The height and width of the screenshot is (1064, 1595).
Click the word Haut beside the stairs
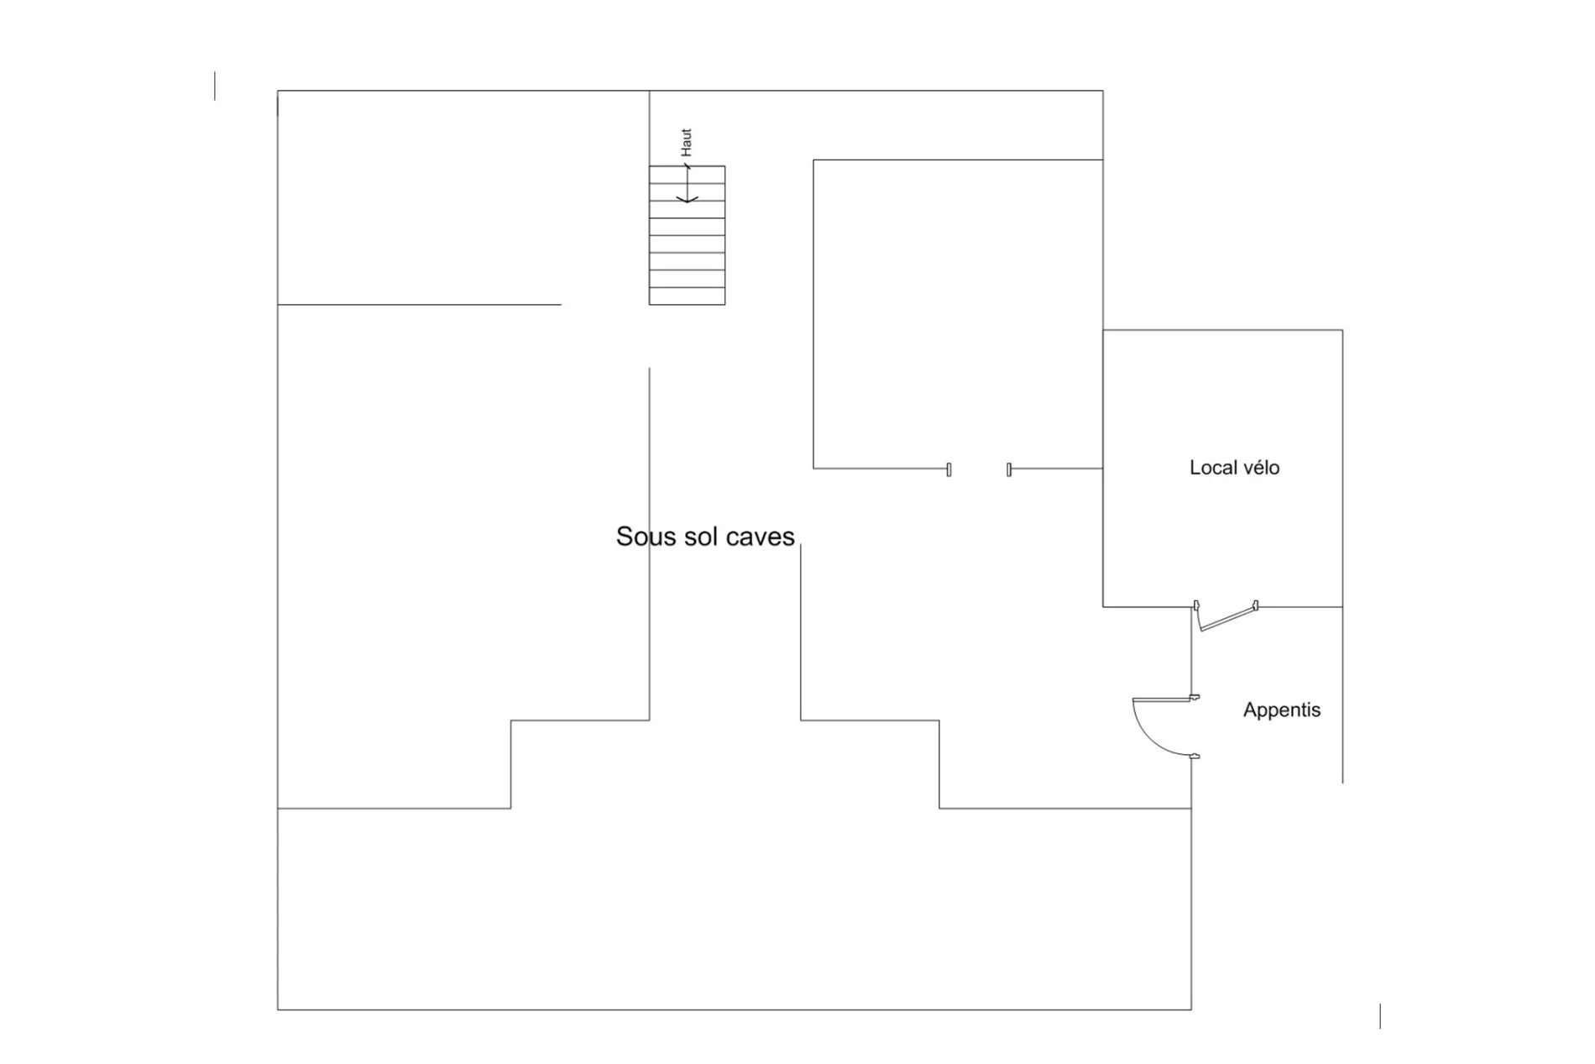(x=687, y=142)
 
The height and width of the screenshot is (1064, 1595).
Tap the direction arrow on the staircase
(x=688, y=183)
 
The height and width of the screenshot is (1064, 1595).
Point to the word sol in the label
(x=699, y=537)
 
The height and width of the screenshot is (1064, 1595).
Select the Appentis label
(x=1282, y=710)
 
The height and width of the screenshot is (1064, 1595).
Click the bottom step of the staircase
(x=687, y=296)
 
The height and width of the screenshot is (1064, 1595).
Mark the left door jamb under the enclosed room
(x=949, y=469)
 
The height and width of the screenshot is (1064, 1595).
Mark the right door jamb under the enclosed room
(x=1009, y=469)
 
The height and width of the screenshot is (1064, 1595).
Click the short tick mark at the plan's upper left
(x=215, y=86)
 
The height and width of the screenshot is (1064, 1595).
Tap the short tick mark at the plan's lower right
(x=1380, y=1015)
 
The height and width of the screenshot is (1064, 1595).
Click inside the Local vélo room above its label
(x=1222, y=395)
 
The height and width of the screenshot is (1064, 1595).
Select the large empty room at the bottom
(x=734, y=909)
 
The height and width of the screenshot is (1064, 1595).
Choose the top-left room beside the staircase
(x=463, y=197)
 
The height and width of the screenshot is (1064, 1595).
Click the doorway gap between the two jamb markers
(x=979, y=469)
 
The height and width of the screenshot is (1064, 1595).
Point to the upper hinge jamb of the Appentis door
(x=1195, y=697)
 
